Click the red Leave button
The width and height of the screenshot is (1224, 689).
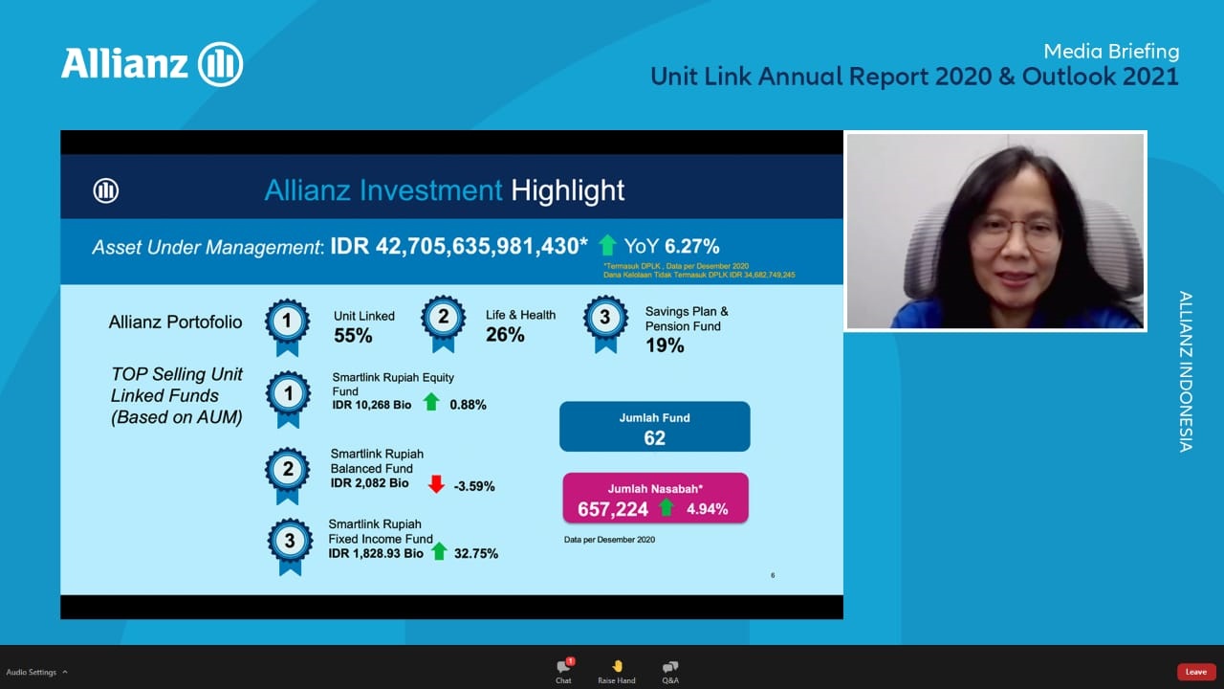(x=1196, y=672)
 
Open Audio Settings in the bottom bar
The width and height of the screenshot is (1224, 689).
(x=32, y=672)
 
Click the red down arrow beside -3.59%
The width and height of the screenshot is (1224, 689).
(x=436, y=484)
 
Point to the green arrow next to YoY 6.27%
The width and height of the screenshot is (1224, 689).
(x=607, y=245)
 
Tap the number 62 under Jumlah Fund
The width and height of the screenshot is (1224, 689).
(x=655, y=438)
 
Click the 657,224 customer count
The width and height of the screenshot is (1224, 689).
(x=613, y=509)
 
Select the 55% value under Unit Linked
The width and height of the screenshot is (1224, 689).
(x=353, y=336)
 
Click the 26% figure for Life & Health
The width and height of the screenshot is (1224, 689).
(x=505, y=335)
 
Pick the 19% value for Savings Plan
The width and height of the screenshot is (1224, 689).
(x=665, y=345)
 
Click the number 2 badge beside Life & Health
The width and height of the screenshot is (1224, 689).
(x=444, y=318)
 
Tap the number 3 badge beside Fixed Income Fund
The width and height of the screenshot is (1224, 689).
(x=290, y=542)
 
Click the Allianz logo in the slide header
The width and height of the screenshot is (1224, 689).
(x=106, y=190)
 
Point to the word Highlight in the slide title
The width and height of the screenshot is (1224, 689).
(x=567, y=190)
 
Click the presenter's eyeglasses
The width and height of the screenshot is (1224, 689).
(x=1016, y=233)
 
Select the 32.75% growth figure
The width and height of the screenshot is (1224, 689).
(x=476, y=553)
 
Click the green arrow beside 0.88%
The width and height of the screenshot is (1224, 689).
(x=431, y=402)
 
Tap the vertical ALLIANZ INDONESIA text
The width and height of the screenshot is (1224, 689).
(x=1186, y=371)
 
